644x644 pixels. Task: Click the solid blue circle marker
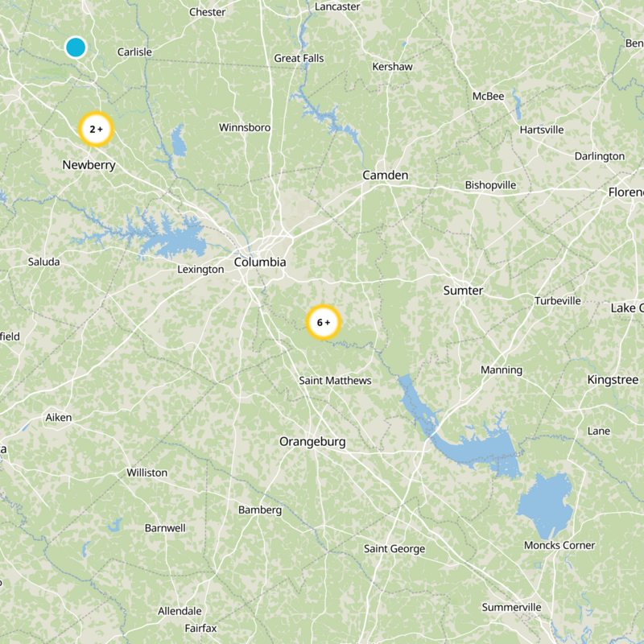76,47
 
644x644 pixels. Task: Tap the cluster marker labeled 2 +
96,129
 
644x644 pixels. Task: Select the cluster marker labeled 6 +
324,323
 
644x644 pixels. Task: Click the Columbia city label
260,262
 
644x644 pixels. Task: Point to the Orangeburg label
312,442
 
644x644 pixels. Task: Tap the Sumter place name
463,291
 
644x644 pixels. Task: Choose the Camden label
385,175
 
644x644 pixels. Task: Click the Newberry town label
89,166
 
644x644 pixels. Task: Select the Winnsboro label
245,127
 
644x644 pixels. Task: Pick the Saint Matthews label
335,380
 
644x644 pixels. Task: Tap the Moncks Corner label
559,546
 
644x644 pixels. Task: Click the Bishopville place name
490,185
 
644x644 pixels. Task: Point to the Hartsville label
542,130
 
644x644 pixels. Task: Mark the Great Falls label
299,58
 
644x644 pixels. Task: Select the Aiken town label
58,418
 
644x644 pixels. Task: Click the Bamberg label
260,510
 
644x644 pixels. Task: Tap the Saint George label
394,549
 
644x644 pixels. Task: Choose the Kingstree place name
613,380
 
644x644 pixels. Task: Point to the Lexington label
200,270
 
